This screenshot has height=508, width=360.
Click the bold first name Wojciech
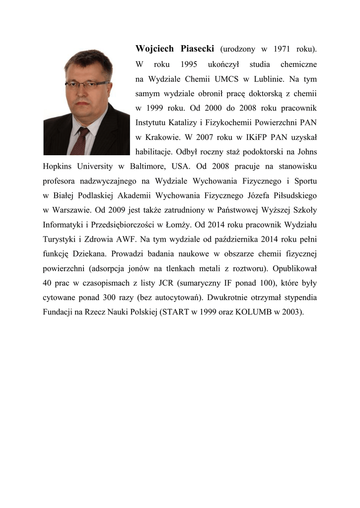154,49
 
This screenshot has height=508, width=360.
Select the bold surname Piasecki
196,49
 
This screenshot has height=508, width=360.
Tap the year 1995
189,64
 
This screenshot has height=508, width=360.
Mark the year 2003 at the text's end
290,313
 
